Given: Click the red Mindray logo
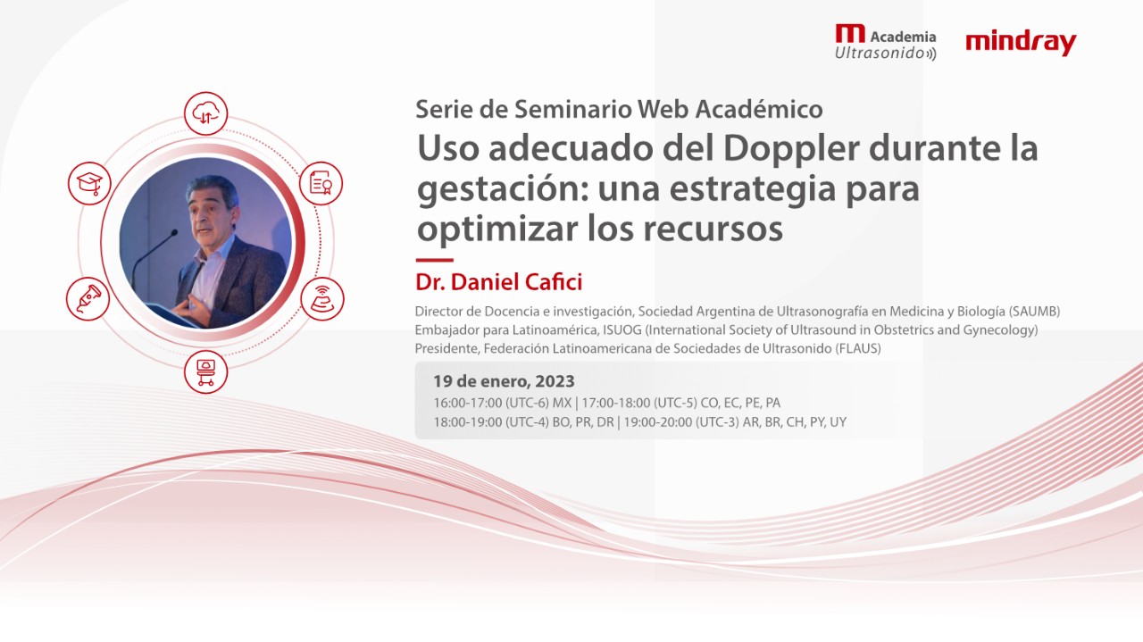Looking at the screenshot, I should click(x=1021, y=42).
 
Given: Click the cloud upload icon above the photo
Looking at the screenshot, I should click(x=206, y=113).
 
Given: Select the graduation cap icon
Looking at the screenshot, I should click(x=89, y=183).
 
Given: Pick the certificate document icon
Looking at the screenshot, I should click(x=321, y=183).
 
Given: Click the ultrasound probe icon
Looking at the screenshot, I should click(x=88, y=298).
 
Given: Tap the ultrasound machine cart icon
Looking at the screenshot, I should click(x=205, y=371).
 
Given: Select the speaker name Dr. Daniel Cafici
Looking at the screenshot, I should click(x=498, y=282).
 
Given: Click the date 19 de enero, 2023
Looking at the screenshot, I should click(x=504, y=382).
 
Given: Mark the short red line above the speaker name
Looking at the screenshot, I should click(x=434, y=260).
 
